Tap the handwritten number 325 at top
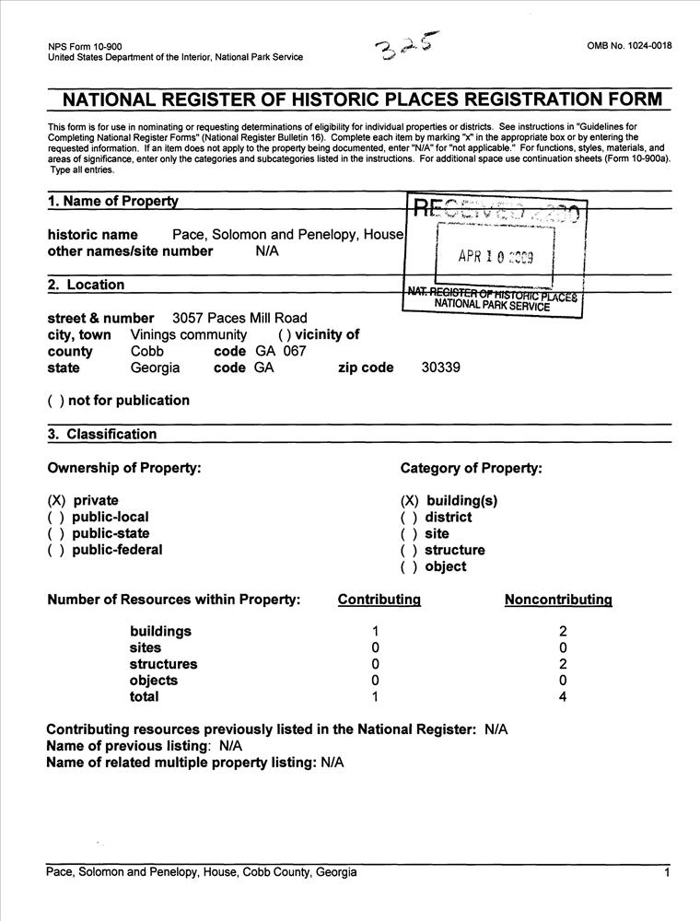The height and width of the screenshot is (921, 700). coord(403,48)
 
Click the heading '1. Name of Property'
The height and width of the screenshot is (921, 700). coord(112,202)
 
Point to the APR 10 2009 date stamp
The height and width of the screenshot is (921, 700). coord(496,257)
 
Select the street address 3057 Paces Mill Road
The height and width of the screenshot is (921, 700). coord(239,319)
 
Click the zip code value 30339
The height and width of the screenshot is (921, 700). coord(441,367)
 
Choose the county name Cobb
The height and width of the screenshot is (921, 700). coord(148,351)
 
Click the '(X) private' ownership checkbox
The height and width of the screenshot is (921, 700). coord(56,500)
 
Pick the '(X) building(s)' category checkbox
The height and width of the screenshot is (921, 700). coord(410,500)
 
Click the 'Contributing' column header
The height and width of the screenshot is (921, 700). coord(379,600)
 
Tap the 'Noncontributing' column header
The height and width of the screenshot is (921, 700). coord(558,600)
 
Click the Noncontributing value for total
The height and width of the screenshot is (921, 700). coord(563,697)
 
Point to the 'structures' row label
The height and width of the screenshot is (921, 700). coord(163,664)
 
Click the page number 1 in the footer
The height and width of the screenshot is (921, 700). coord(666,872)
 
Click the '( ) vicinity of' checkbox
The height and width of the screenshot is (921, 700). coord(285,335)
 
